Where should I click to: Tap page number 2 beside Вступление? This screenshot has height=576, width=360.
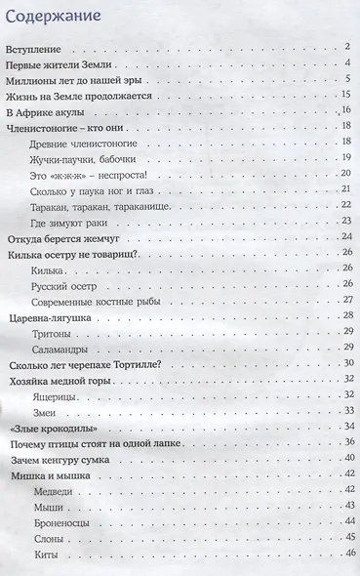point(346,47)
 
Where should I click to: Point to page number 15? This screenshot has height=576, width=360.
point(345,95)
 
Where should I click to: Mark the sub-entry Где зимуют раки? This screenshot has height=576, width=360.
point(69,222)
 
